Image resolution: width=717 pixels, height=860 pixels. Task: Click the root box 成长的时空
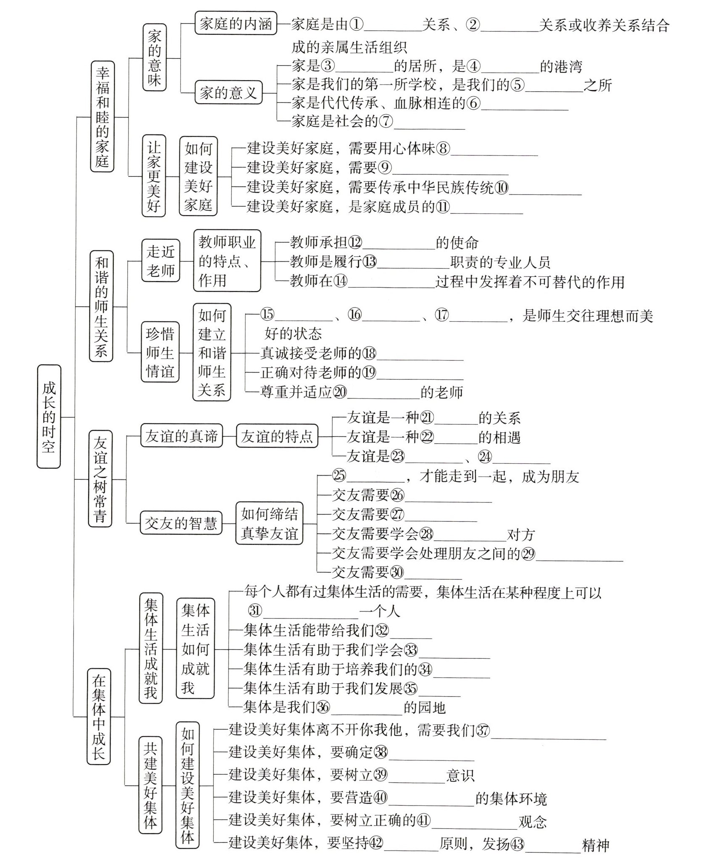pyautogui.click(x=49, y=416)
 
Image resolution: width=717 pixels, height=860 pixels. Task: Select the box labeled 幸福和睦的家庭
pyautogui.click(x=102, y=116)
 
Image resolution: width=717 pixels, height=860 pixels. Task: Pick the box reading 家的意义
pyautogui.click(x=228, y=92)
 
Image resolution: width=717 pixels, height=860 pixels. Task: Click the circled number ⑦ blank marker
pyautogui.click(x=386, y=121)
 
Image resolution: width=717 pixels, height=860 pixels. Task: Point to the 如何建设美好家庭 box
pyautogui.click(x=198, y=176)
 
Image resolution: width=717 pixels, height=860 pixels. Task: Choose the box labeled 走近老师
pyautogui.click(x=160, y=260)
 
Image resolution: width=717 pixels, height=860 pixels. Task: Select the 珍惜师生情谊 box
pyautogui.click(x=160, y=352)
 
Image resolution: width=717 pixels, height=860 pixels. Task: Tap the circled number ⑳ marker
pyautogui.click(x=340, y=392)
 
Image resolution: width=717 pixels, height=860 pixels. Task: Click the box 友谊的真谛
pyautogui.click(x=181, y=436)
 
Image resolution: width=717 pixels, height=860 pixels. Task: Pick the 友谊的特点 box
pyautogui.click(x=277, y=436)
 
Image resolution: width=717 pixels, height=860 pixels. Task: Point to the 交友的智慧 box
pyautogui.click(x=181, y=523)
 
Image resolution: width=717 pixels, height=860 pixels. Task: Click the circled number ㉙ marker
pyautogui.click(x=528, y=554)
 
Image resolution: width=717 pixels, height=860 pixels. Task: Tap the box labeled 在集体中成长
pyautogui.click(x=99, y=717)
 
